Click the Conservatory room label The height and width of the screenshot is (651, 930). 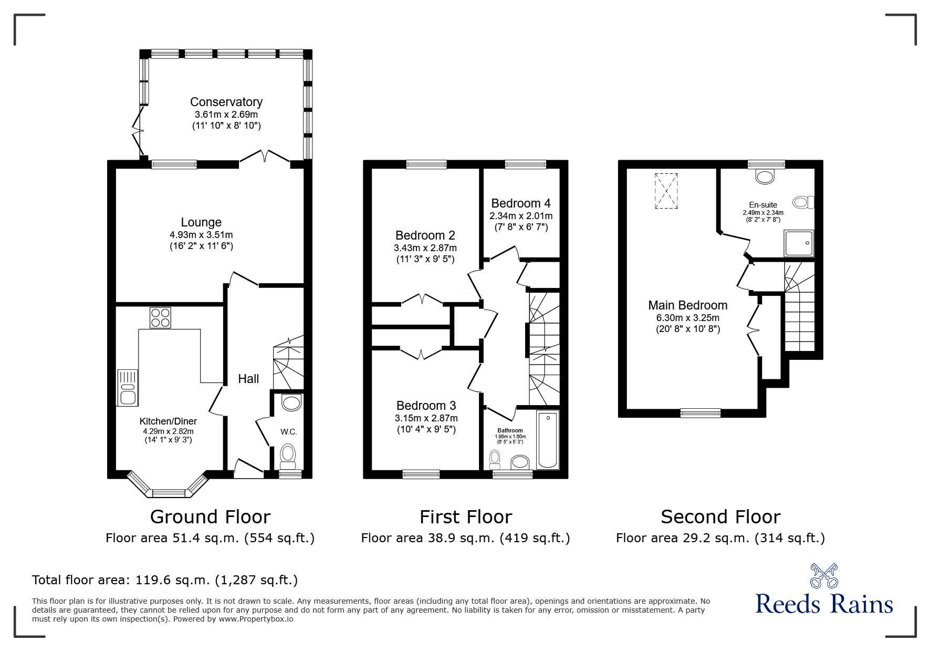point(226,102)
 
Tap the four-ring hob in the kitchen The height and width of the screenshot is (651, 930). point(160,317)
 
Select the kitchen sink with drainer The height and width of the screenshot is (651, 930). point(128,387)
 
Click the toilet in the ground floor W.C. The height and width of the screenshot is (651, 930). point(288,456)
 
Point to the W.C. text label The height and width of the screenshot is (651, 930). point(288,432)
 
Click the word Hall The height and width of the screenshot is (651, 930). point(248,379)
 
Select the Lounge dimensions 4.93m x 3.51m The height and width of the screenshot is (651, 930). point(201,235)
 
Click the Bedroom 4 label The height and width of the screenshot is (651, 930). point(520,203)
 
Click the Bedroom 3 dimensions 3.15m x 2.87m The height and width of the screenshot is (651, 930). point(426,418)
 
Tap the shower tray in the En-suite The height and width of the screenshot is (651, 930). point(798,243)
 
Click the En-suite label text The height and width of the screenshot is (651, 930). point(762,205)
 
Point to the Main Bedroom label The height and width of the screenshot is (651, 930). point(687,305)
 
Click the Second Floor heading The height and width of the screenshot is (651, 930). point(720,517)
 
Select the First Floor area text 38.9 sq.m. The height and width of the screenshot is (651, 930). point(465,538)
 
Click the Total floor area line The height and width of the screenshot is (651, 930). point(165,580)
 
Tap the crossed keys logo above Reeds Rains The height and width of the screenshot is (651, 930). point(823,576)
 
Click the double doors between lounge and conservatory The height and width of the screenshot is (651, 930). point(265,157)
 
